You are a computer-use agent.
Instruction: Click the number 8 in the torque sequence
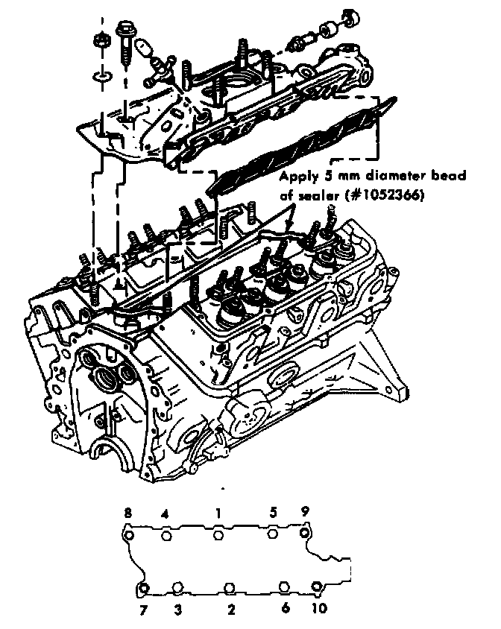click(x=128, y=514)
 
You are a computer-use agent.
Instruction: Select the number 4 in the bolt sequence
click(x=166, y=514)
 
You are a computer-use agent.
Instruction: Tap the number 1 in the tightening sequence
click(x=218, y=513)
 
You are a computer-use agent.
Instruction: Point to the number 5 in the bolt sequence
click(x=274, y=513)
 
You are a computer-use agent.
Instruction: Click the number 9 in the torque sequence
click(x=305, y=513)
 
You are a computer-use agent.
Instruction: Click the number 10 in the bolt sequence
click(x=319, y=609)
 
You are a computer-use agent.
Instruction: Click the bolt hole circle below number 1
click(x=218, y=534)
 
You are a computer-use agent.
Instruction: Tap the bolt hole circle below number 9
click(x=304, y=534)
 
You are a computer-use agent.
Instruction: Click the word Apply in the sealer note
click(x=297, y=177)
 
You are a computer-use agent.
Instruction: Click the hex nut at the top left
click(x=102, y=34)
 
